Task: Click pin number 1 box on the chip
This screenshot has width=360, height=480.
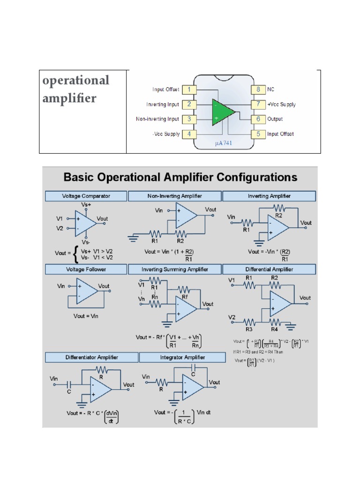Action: point(188,89)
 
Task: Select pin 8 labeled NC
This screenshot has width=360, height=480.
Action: point(258,89)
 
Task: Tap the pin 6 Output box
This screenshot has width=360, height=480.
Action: point(258,119)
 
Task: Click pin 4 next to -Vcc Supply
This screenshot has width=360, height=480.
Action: point(188,134)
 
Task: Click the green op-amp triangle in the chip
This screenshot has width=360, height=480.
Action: point(222,112)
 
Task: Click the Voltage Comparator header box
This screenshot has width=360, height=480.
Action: point(86,196)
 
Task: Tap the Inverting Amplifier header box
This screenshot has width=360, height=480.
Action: point(269,196)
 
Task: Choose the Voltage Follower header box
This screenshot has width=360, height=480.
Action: point(86,270)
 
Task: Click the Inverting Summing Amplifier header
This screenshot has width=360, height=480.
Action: point(175,270)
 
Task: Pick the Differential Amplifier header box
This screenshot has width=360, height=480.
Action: point(269,270)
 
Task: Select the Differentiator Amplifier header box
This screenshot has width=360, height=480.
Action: point(91,357)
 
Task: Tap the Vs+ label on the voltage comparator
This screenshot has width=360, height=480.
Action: point(86,205)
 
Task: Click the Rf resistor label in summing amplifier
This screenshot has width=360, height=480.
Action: point(186,297)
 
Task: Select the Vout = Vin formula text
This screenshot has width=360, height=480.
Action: point(86,316)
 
